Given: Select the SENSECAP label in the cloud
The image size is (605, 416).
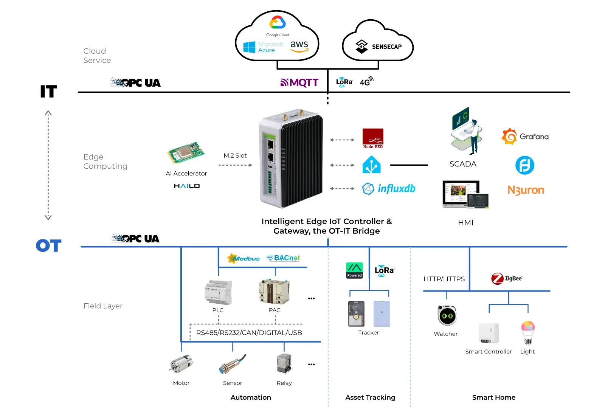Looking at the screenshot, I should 386,47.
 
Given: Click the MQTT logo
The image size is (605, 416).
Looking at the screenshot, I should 299,83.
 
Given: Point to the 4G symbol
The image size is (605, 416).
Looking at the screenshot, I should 366,81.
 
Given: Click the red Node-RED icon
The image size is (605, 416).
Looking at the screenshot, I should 373,138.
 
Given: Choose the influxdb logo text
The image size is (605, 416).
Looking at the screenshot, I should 396,188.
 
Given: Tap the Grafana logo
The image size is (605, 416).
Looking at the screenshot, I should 525,137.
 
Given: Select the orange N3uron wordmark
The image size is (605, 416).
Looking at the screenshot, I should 526,190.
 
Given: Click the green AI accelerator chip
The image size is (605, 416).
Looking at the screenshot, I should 186,153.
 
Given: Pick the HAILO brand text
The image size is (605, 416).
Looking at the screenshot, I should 187,186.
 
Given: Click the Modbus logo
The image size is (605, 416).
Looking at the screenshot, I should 244,259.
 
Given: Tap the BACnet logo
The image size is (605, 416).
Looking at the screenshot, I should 284,258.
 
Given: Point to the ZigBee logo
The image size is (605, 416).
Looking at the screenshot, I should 507,279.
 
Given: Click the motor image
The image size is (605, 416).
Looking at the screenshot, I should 181,364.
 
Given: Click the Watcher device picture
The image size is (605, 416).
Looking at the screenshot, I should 447,315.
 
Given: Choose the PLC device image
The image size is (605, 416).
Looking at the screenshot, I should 218,292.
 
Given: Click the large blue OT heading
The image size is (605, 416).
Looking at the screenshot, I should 49,246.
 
